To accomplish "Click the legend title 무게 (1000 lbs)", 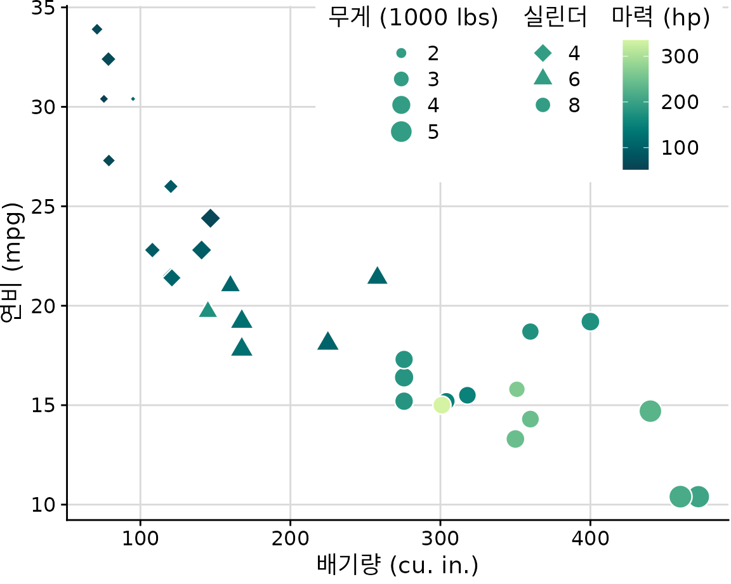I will coord(412,19).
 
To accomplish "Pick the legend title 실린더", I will coord(556,19).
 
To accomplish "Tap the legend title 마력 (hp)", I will coord(661,19).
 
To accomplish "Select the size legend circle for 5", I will coord(402,131).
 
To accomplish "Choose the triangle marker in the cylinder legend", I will coord(543,79).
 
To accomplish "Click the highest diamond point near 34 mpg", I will coord(97,29).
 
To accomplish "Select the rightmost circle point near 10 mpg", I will coord(699,496).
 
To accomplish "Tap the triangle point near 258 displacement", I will coord(378,276).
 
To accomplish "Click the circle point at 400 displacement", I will coord(590,321).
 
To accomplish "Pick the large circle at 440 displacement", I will coord(650,411).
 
